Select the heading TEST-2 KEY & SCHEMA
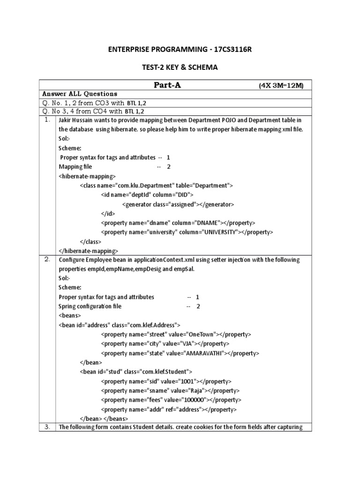point(180,67)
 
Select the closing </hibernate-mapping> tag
point(88,251)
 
